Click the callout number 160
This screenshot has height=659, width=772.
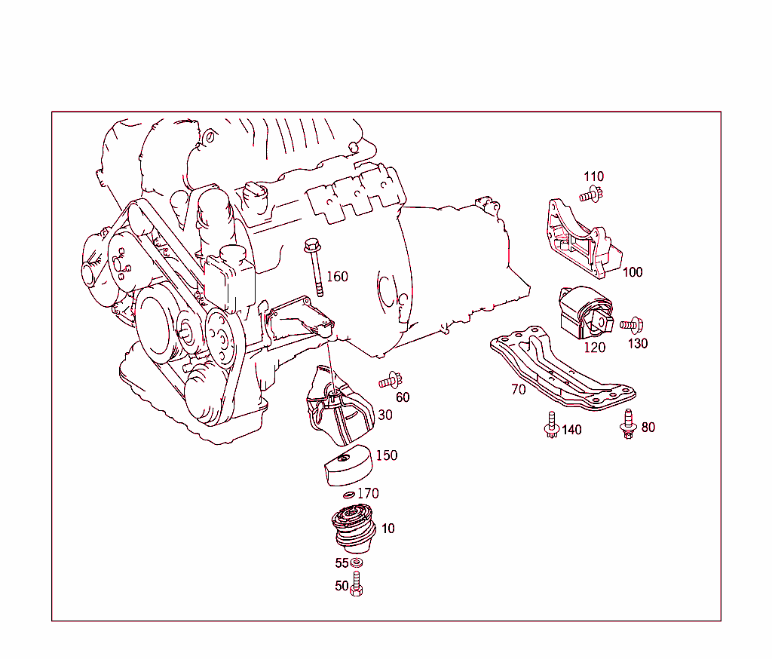point(337,277)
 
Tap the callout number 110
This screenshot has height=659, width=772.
point(593,177)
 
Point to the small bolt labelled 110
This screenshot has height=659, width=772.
point(591,195)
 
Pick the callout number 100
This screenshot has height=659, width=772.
point(633,272)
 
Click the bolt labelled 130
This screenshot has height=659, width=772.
point(631,325)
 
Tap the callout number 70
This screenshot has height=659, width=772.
point(518,390)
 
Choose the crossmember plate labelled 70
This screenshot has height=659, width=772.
point(562,369)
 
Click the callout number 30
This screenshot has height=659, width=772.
point(385,415)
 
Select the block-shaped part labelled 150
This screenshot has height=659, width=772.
point(346,467)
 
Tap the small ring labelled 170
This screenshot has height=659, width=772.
point(348,495)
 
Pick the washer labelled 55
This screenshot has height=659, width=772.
point(357,563)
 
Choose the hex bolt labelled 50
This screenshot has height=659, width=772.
point(357,585)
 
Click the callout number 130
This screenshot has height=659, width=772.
point(638,343)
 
